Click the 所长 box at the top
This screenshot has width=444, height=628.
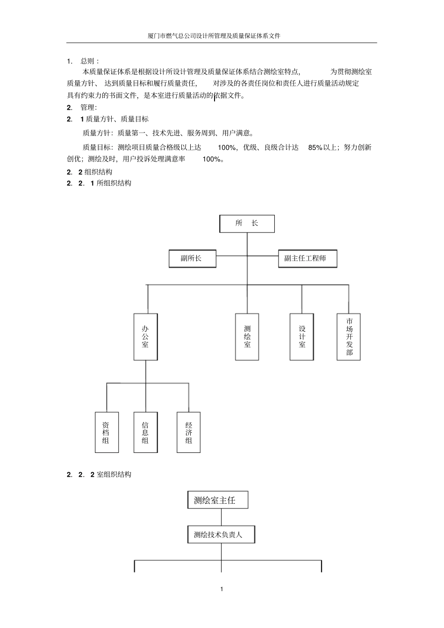247,224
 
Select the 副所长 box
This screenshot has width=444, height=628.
192,259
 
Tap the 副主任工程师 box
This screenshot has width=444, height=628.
308,259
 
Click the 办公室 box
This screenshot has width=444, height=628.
145,337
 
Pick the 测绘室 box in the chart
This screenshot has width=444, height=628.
247,337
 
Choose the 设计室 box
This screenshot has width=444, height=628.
302,337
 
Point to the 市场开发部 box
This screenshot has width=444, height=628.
349,337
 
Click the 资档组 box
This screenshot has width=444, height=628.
107,432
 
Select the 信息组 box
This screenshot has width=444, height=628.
145,432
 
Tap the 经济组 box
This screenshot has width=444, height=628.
188,432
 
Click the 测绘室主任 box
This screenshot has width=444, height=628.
217,500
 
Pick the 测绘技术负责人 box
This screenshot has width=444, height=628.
221,535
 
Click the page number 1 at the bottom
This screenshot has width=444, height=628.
222,589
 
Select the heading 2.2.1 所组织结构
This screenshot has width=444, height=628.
99,183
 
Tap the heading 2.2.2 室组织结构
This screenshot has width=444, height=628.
99,474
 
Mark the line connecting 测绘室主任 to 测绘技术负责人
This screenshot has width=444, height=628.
221,517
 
